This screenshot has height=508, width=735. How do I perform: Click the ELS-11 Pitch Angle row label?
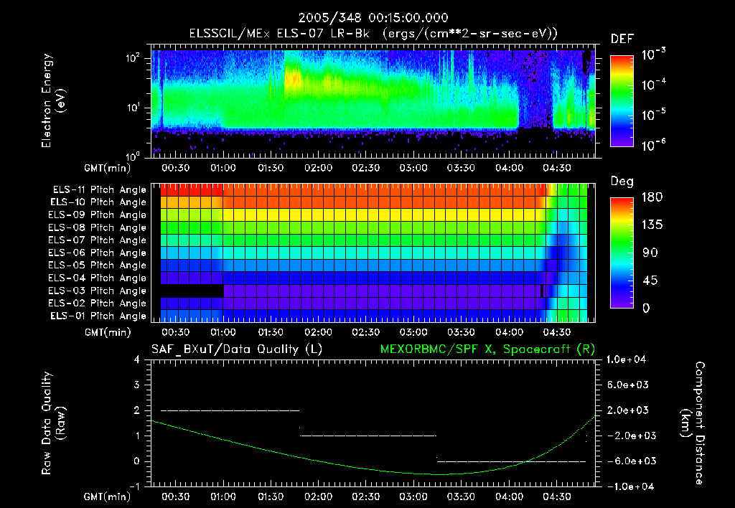tap(99, 189)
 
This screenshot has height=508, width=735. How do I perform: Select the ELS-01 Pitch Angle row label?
tap(99, 316)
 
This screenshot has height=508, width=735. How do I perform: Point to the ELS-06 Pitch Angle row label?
tap(99, 253)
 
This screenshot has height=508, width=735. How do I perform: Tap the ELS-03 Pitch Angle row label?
tap(99, 291)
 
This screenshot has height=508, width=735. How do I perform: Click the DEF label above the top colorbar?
tap(621, 39)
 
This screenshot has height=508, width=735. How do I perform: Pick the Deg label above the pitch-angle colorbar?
tap(621, 182)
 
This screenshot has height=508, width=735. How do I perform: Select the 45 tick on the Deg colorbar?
tap(652, 281)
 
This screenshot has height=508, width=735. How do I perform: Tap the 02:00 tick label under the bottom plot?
tap(318, 496)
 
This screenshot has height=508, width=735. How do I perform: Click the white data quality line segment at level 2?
tap(230, 410)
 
